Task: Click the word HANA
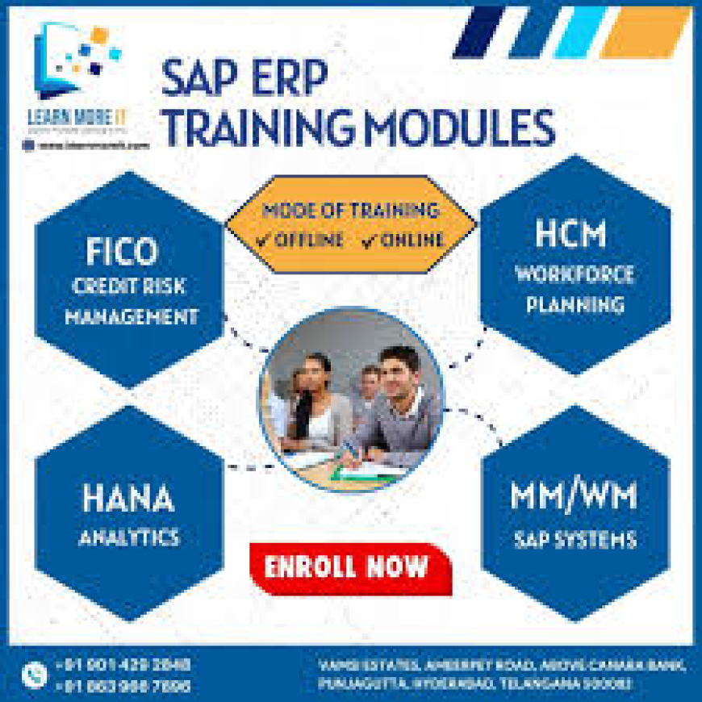coord(127,499)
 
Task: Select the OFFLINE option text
coord(299,240)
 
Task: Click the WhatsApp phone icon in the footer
coord(33,674)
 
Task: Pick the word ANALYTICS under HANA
coord(128,537)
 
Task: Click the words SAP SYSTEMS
coord(575,538)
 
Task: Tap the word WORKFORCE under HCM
coord(575,274)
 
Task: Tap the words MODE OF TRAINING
coord(350,211)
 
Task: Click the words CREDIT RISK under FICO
coord(130,286)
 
